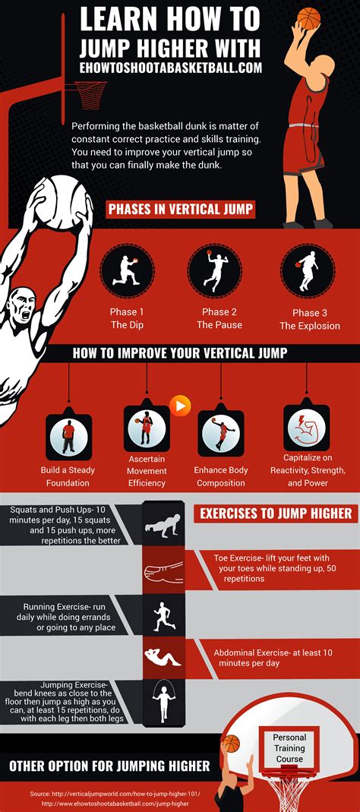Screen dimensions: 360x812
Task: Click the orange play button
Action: pos(180,406)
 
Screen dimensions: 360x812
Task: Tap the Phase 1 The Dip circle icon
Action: pos(127,271)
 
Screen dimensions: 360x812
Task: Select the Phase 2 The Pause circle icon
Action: pos(214,270)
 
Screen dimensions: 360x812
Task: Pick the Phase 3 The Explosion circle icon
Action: pos(308,271)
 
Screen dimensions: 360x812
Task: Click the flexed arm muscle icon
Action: pos(306,428)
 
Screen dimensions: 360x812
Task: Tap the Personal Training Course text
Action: pos(289,747)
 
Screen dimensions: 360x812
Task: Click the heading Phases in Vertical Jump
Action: pos(181,209)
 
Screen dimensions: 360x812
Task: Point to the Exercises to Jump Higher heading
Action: pos(276,513)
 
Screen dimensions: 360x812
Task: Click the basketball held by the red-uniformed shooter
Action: pos(308,18)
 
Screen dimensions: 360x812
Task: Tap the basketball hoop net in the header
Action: pos(90,94)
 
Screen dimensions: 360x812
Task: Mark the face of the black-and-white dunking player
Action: pos(21,308)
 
